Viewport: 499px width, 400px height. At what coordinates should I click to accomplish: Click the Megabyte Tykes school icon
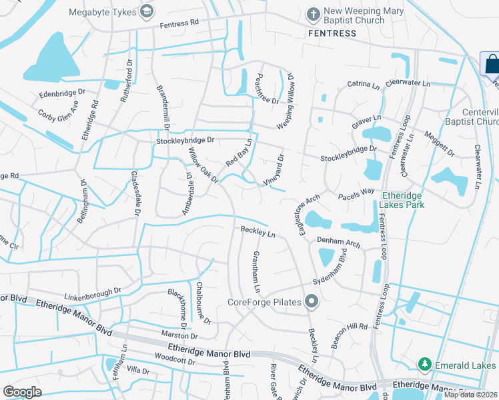147,11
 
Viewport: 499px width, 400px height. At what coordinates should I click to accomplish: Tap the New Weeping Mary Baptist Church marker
312,13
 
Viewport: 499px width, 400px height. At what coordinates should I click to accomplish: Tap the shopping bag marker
492,65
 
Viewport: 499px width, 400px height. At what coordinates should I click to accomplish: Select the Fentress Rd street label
179,23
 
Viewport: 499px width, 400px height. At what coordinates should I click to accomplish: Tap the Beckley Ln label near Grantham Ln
258,233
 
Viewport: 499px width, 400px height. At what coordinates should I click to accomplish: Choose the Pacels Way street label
356,193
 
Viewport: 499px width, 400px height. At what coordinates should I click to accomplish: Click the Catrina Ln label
363,85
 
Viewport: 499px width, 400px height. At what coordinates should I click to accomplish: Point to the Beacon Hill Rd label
348,327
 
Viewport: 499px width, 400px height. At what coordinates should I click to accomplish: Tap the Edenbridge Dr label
63,93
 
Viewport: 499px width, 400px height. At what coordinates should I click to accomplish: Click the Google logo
22,391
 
